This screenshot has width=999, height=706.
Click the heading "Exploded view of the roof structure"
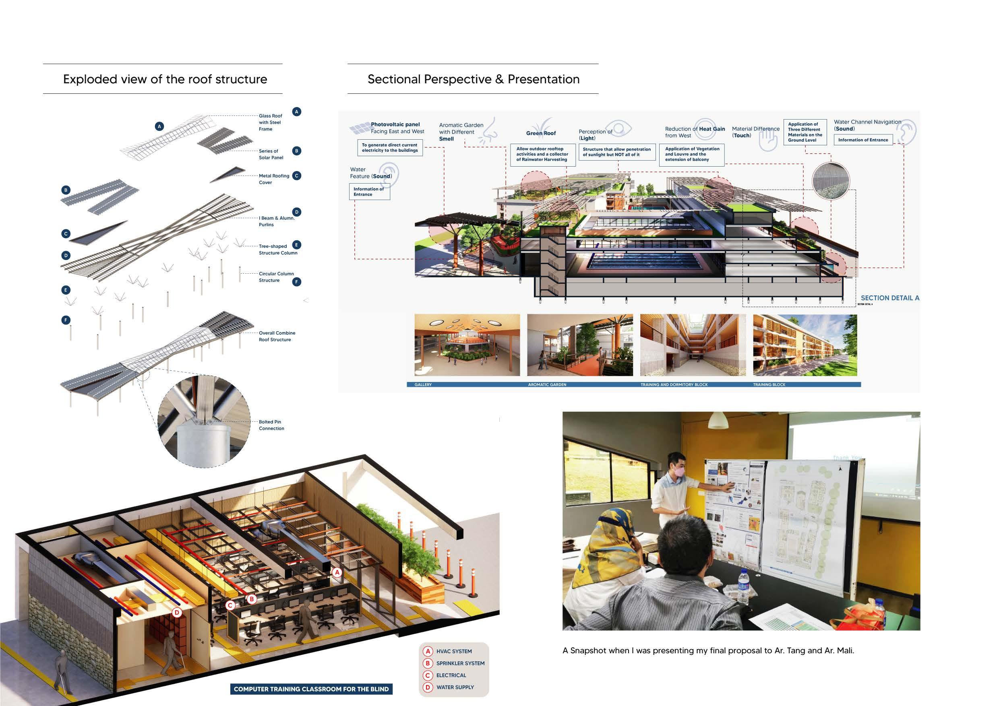coord(165,79)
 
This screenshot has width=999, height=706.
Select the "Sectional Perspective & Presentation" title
coord(474,79)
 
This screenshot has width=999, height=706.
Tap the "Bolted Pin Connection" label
coord(271,425)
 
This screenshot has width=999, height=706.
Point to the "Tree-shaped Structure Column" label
coord(277,249)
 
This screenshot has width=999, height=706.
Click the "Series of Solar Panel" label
coord(271,155)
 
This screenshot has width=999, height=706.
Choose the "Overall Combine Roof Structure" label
coord(277,336)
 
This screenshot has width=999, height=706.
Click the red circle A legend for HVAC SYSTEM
coord(428,651)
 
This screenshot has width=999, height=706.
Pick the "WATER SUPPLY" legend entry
coord(455,687)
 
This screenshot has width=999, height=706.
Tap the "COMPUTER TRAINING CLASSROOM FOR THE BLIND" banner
coord(311,689)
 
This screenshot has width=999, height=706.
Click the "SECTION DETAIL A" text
coord(890,298)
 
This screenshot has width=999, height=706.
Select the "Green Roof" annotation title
coord(541,133)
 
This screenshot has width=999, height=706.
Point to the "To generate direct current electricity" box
coord(389,147)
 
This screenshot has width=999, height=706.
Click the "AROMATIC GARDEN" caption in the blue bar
coord(547,384)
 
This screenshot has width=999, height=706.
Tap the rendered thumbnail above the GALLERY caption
coord(467,345)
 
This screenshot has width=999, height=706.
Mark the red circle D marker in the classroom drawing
coord(177,613)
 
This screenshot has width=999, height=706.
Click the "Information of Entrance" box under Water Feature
coord(369,192)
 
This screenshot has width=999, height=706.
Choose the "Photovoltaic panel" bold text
coord(395,124)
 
